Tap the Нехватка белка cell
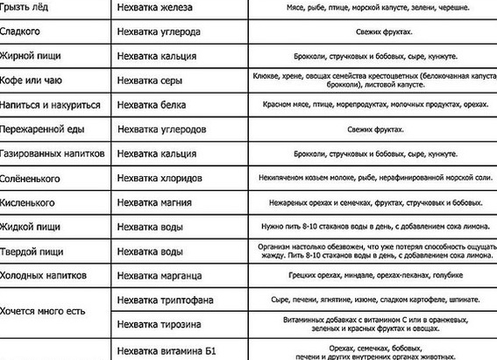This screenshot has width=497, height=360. [156, 104]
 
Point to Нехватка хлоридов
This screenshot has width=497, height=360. [164, 178]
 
